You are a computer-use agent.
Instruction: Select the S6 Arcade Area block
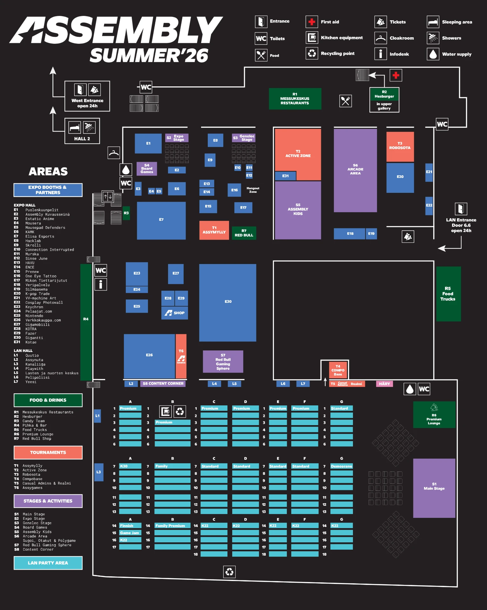tap(355, 170)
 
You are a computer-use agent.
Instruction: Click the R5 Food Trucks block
tap(448, 294)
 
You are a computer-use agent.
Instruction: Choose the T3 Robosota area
tap(400, 146)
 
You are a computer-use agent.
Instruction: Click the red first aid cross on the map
tap(396, 75)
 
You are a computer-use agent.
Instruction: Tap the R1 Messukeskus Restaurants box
tap(295, 99)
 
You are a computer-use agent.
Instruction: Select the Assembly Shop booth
tap(175, 313)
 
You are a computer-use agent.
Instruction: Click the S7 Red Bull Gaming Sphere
tap(223, 362)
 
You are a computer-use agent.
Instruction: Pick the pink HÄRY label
tap(384, 384)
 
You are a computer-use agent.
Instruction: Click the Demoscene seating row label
tap(342, 466)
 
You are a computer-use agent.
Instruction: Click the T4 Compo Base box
tap(338, 370)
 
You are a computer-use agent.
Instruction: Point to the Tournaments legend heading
tap(48, 452)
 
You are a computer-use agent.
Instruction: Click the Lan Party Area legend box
tap(48, 563)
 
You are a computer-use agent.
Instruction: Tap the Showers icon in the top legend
tap(433, 38)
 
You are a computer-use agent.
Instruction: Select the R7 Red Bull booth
tap(244, 233)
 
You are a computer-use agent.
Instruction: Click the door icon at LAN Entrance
tap(461, 209)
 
